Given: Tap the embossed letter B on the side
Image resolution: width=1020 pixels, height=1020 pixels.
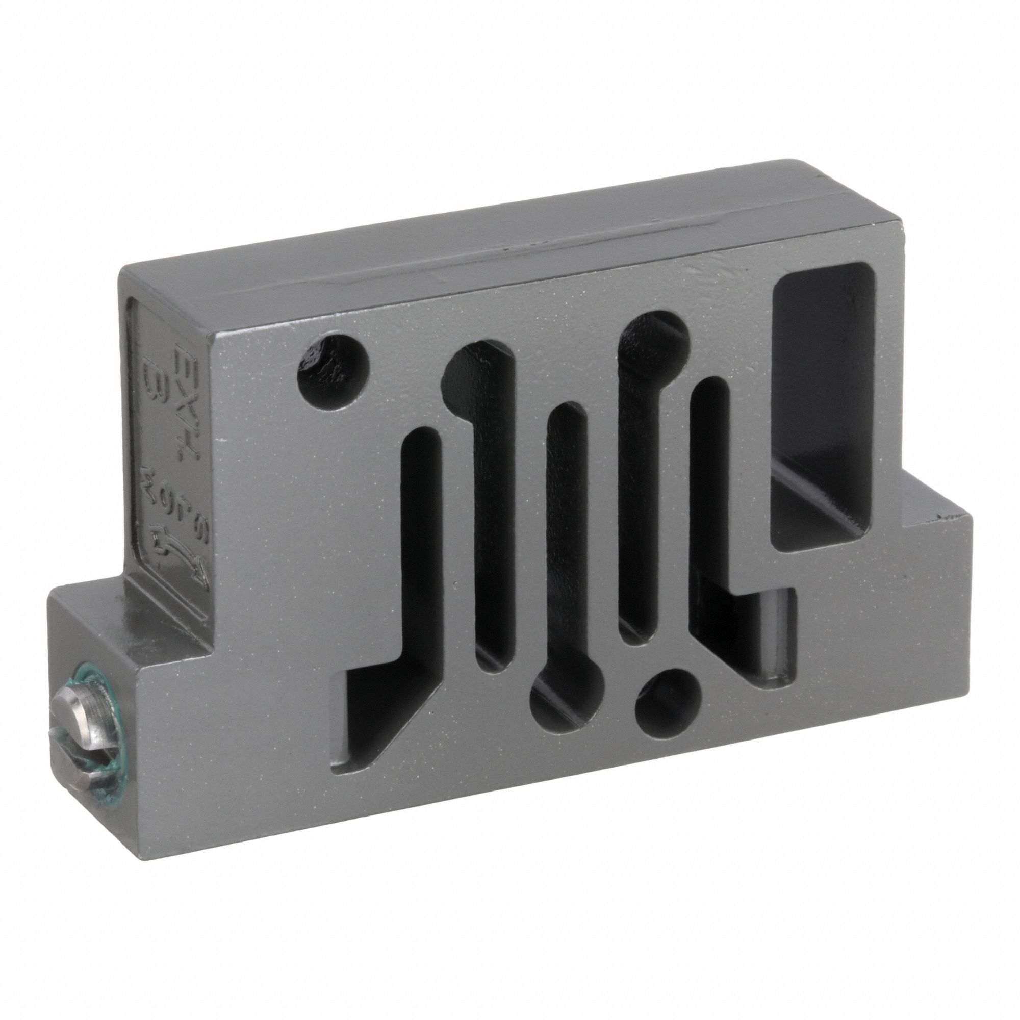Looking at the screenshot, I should coord(154,376).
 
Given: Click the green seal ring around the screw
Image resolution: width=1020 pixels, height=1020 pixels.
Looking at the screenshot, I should coord(104,739).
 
